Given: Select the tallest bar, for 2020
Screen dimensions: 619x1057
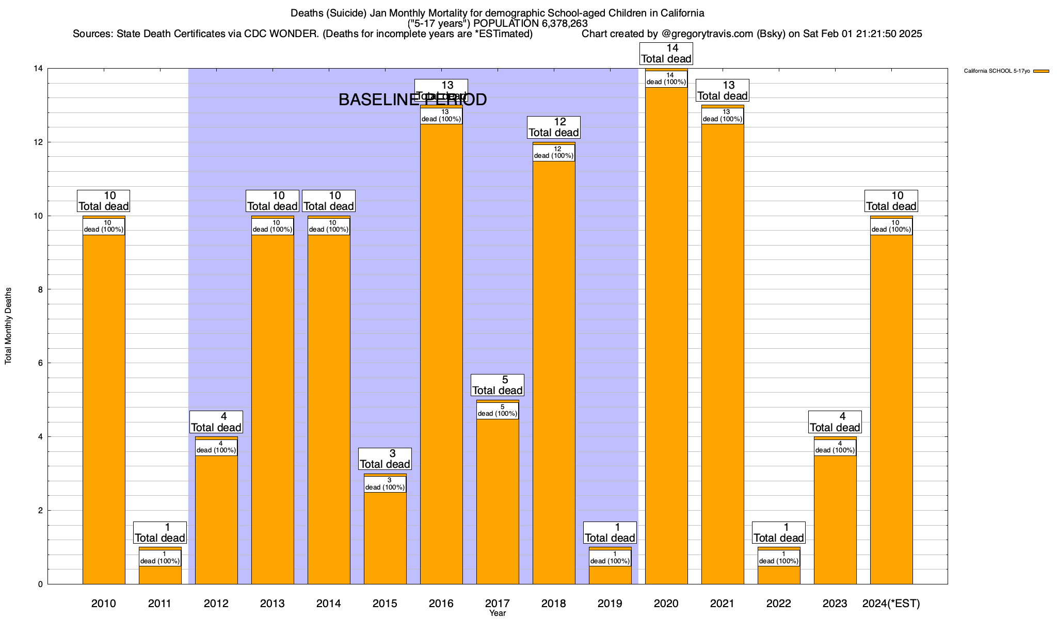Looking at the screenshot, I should pyautogui.click(x=666, y=335).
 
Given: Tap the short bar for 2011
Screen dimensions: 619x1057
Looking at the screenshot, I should pyautogui.click(x=160, y=575).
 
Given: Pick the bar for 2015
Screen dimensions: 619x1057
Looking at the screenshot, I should pyautogui.click(x=385, y=536).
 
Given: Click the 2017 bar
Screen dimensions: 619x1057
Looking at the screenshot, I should pyautogui.click(x=498, y=500).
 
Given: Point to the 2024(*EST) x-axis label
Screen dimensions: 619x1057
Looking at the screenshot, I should pyautogui.click(x=891, y=603).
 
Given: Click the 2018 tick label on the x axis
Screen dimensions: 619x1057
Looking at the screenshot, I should pyautogui.click(x=554, y=603).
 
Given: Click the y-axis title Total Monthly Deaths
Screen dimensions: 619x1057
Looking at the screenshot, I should pyautogui.click(x=8, y=326).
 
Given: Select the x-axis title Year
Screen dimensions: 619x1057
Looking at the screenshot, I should pyautogui.click(x=498, y=613).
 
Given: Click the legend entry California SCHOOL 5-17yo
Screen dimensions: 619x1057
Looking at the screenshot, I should pyautogui.click(x=997, y=71).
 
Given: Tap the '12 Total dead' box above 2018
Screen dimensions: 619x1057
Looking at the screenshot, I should pyautogui.click(x=554, y=127).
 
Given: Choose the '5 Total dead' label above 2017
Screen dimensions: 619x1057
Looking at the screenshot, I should pyautogui.click(x=498, y=385).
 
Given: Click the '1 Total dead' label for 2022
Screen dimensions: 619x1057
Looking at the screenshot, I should pyautogui.click(x=779, y=533).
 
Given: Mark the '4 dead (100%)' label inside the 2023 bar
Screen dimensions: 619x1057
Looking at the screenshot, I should pyautogui.click(x=835, y=447).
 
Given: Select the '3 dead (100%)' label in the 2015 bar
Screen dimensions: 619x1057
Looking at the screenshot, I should pyautogui.click(x=385, y=484).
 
